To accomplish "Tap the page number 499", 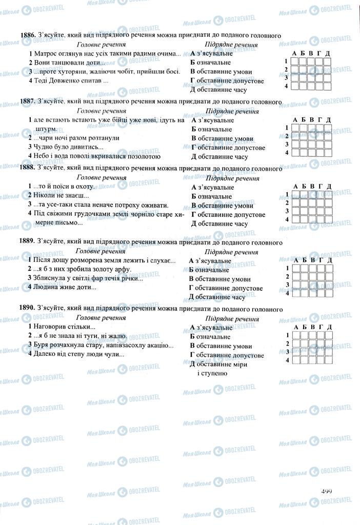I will point(326,491).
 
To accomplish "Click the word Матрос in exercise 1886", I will point(45,53).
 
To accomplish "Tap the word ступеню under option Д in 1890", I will point(211,373).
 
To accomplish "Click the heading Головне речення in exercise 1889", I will point(101,251).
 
